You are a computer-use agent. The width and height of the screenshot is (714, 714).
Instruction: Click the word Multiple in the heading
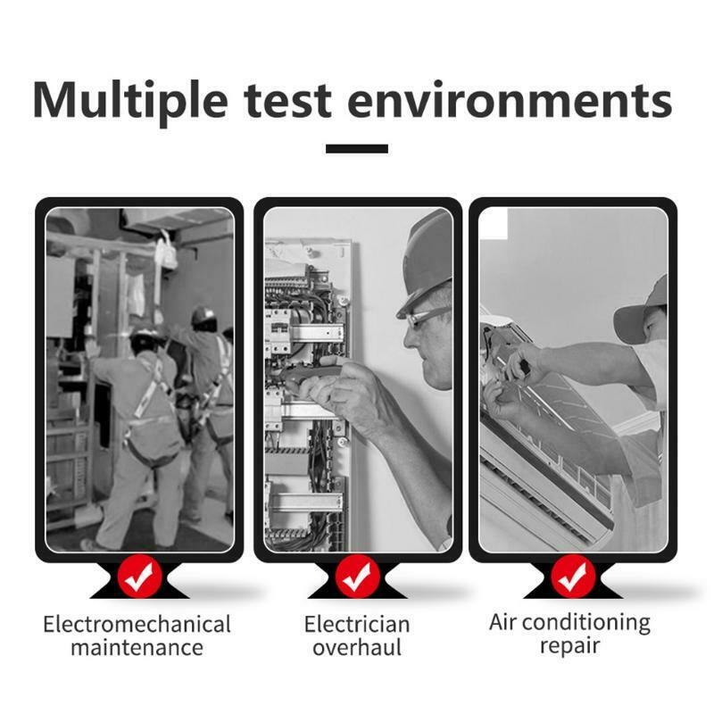(x=130, y=101)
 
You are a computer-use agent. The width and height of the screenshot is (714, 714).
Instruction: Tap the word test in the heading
(x=287, y=101)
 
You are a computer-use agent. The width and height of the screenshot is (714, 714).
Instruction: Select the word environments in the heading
(x=510, y=100)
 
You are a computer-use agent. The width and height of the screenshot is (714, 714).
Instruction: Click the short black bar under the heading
(x=357, y=148)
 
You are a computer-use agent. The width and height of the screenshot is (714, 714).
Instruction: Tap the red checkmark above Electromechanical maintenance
(x=139, y=577)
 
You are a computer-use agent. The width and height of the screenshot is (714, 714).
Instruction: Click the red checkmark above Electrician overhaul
(x=357, y=577)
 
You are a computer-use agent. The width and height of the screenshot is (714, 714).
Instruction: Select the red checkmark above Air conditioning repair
(x=573, y=577)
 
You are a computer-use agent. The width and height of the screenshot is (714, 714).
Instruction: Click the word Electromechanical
(x=137, y=624)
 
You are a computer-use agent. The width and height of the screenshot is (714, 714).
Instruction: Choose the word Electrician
(x=357, y=624)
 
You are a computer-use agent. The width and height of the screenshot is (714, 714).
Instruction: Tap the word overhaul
(x=357, y=647)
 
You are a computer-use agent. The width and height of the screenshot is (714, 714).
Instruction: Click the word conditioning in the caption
(x=585, y=623)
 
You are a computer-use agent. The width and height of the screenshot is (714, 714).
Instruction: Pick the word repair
(x=569, y=646)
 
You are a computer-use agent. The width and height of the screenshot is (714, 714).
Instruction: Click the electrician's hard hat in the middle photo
(x=426, y=264)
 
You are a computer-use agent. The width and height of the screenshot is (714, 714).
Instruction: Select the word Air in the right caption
(x=502, y=622)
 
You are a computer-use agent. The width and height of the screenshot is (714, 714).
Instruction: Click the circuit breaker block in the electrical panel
(x=278, y=331)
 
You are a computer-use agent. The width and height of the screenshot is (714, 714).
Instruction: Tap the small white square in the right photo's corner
(x=494, y=223)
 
